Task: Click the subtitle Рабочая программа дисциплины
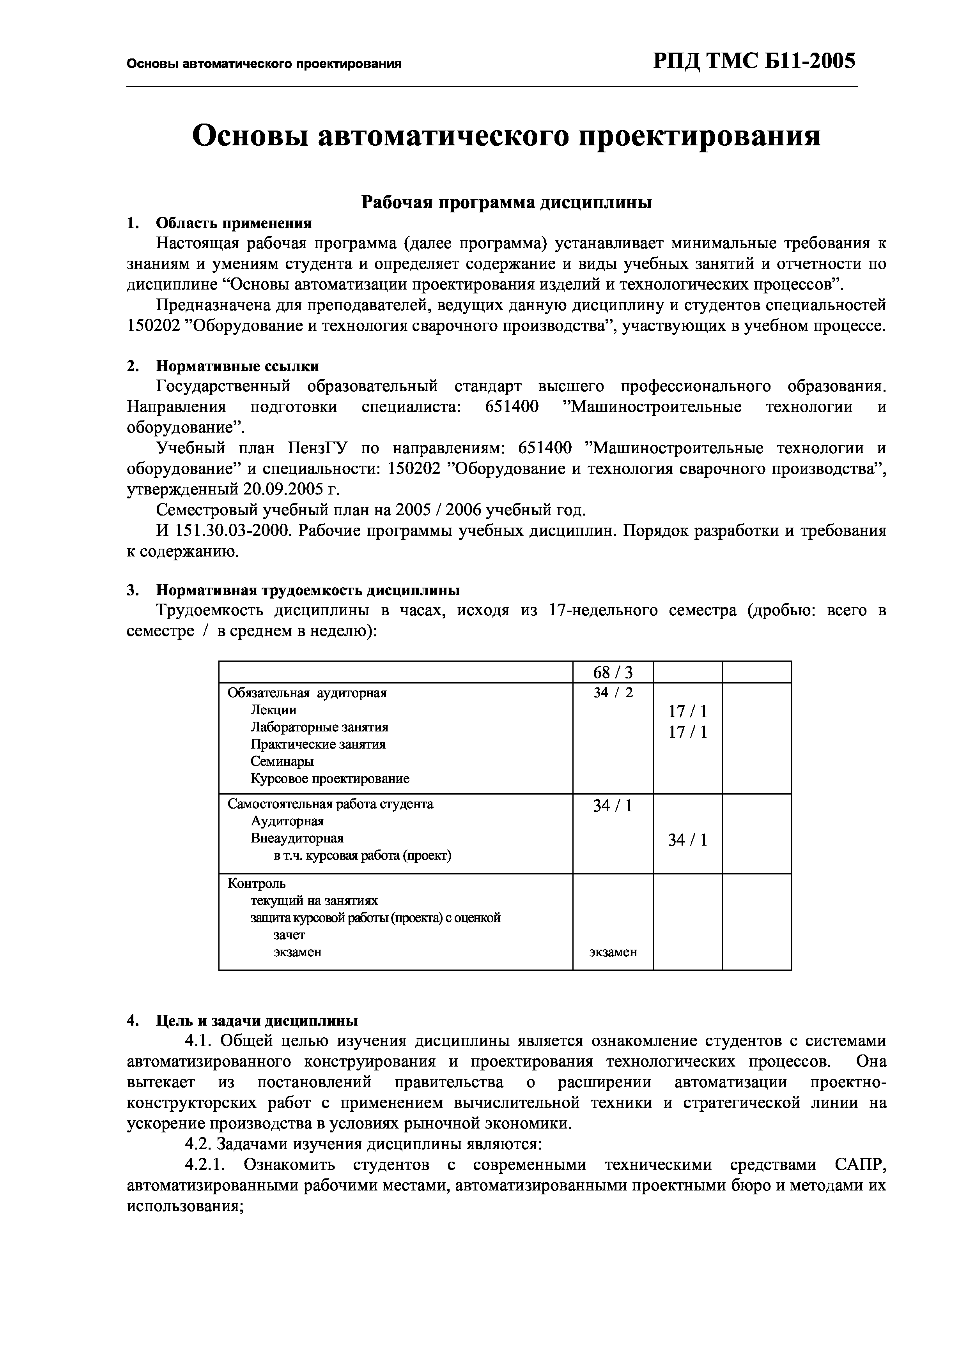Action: [x=507, y=202]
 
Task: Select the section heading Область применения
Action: [x=234, y=223]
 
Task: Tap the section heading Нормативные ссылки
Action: [x=237, y=366]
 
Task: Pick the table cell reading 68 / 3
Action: [x=613, y=673]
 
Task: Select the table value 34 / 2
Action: [x=613, y=692]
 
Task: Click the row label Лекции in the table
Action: [x=273, y=710]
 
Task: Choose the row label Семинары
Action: [x=282, y=761]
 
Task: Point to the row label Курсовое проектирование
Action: [x=329, y=779]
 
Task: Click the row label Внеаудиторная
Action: [x=297, y=838]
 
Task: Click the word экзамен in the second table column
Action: [x=613, y=952]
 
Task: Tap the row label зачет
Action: [x=290, y=935]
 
